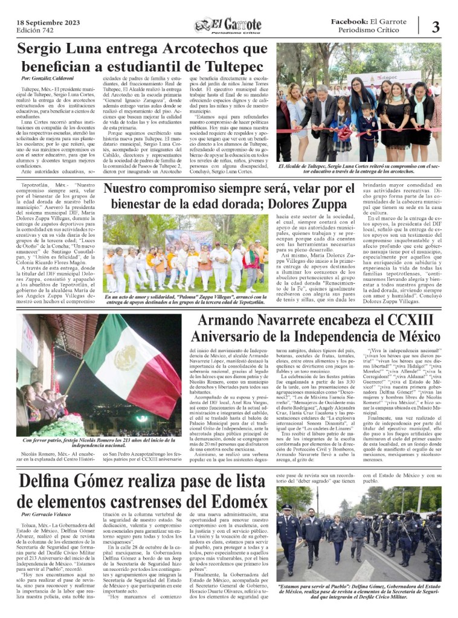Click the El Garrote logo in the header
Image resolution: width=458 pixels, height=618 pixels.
pyautogui.click(x=228, y=25)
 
